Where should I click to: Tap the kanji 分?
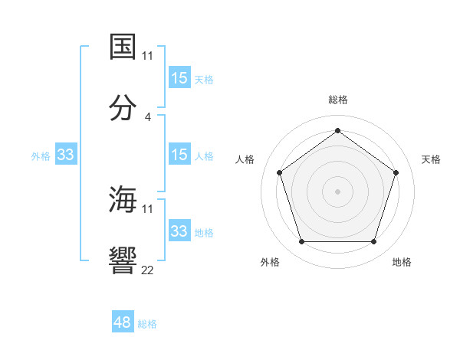click(x=123, y=107)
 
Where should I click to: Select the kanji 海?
click(x=123, y=199)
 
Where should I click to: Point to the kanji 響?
click(x=123, y=260)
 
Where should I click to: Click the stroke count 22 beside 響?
click(x=148, y=270)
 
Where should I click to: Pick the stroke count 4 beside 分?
click(x=148, y=116)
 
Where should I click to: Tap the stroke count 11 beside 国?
click(x=148, y=55)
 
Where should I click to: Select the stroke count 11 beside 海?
click(x=148, y=208)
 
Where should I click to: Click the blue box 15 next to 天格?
click(x=179, y=78)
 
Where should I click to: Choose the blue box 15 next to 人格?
click(x=179, y=155)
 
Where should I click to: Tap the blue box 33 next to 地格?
click(x=179, y=231)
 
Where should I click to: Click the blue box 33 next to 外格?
click(x=66, y=155)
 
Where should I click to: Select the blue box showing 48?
click(x=123, y=322)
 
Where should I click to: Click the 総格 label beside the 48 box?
click(x=148, y=324)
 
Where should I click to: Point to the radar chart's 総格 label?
click(x=338, y=100)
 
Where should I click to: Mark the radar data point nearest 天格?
click(x=396, y=172)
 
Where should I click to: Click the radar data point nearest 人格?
click(x=280, y=172)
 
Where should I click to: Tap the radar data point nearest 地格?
click(x=373, y=242)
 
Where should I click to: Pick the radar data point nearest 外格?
click(x=301, y=242)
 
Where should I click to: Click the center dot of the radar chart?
click(x=337, y=191)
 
